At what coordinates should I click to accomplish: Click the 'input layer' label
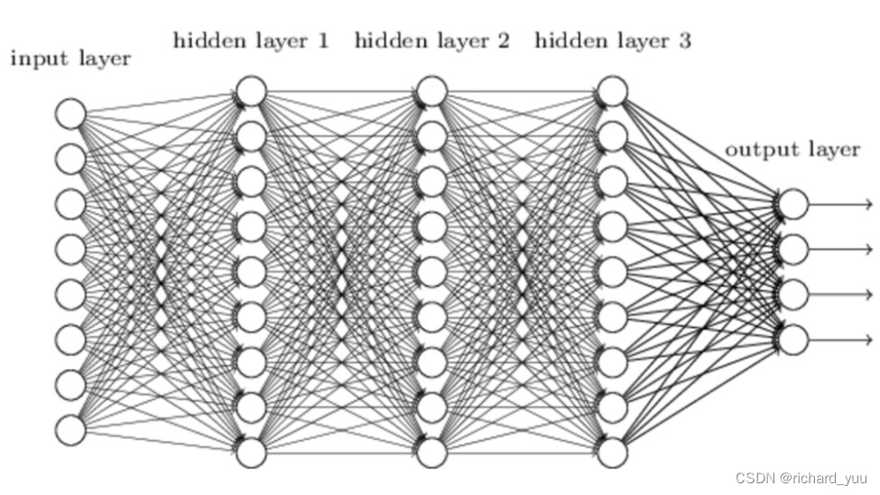coord(70,60)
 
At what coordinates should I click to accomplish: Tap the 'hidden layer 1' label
coord(251,41)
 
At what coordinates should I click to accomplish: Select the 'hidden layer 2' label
coord(432,41)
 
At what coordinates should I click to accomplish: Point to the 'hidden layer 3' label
coord(613,41)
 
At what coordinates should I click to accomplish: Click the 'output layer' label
coord(792,150)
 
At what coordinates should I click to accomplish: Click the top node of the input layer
coord(70,114)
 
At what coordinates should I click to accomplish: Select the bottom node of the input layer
coord(70,430)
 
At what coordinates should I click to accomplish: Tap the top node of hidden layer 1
coord(251,91)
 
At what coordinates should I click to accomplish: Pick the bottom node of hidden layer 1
coord(251,452)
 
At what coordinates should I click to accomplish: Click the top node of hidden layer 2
coord(432,91)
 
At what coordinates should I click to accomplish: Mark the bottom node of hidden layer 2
coord(432,452)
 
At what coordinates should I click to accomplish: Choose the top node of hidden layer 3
coord(613,91)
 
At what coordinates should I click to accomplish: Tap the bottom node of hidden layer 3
coord(613,452)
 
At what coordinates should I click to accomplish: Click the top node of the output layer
coord(792,204)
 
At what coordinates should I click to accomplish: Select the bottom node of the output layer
coord(792,340)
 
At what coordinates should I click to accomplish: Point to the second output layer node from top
coord(792,249)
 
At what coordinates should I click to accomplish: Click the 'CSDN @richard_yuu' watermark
coord(801,477)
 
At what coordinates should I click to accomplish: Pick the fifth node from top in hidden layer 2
coord(432,271)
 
